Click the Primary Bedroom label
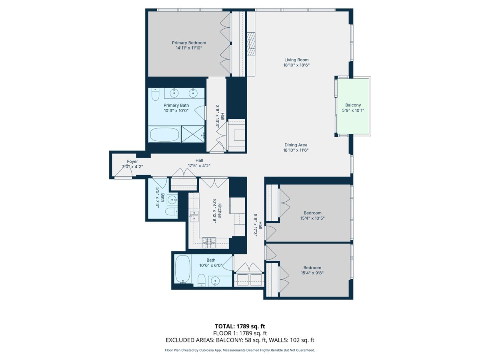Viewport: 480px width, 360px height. [x=189, y=43]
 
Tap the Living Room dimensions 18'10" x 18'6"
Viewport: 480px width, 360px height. [x=296, y=65]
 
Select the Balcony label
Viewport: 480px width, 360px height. [x=353, y=105]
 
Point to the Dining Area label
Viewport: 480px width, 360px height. [x=296, y=145]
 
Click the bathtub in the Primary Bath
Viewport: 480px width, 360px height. [x=165, y=134]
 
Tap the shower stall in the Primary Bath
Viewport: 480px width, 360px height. [x=193, y=134]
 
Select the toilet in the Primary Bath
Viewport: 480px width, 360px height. [x=155, y=94]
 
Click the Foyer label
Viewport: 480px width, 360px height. [x=132, y=162]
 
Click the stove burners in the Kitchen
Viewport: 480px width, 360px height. [x=209, y=243]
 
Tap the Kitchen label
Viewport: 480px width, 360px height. [x=220, y=211]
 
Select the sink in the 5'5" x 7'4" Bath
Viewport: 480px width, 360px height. [x=172, y=200]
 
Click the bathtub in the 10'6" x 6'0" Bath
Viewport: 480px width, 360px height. [x=182, y=269]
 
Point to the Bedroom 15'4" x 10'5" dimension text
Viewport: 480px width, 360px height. [x=312, y=218]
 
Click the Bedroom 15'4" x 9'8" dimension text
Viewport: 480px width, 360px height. [x=312, y=273]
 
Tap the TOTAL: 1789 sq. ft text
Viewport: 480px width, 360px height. [x=240, y=326]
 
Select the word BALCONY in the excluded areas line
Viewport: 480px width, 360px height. [x=229, y=340]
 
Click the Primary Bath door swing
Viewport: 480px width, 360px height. [x=200, y=113]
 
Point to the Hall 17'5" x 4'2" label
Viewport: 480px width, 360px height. [x=199, y=163]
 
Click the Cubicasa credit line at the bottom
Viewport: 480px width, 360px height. [x=240, y=350]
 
